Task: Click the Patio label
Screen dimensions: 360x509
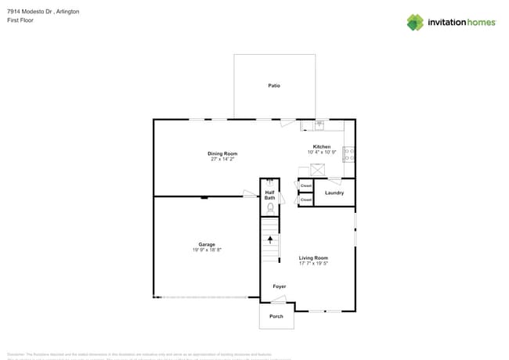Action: [x=274, y=85]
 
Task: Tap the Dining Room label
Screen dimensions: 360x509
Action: [x=222, y=153]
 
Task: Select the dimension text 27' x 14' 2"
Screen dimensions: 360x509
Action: [x=222, y=159]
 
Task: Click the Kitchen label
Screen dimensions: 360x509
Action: [x=322, y=146]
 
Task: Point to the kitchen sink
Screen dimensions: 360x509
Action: [x=319, y=124]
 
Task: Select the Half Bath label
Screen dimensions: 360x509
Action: [x=269, y=195]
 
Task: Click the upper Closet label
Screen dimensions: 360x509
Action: [x=305, y=186]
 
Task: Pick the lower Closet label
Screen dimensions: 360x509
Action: [x=305, y=200]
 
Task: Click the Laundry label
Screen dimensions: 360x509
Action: [x=334, y=193]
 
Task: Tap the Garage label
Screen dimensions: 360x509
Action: [x=207, y=244]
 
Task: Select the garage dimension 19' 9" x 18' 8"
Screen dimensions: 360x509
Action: [x=207, y=250]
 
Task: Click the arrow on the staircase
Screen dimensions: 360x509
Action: [x=270, y=239]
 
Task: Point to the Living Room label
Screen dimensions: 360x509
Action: [x=313, y=257]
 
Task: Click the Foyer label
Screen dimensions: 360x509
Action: [x=279, y=286]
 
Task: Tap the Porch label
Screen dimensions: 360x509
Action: [x=276, y=316]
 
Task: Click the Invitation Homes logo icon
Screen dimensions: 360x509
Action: [x=415, y=22]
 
